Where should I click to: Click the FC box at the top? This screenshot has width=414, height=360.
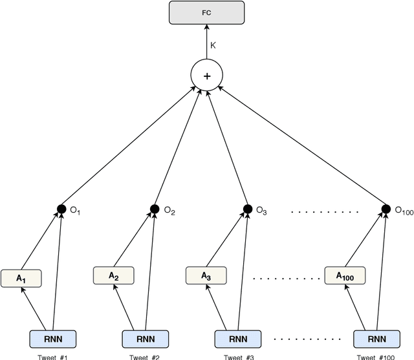tap(207, 12)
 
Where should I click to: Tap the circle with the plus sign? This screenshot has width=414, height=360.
tap(207, 76)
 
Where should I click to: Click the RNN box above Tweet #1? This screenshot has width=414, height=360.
tap(52, 338)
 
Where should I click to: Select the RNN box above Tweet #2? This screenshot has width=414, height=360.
tap(145, 338)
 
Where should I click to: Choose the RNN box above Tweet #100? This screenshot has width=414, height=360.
tap(376, 338)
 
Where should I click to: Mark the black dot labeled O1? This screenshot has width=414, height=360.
tap(61, 209)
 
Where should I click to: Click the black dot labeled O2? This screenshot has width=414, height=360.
tap(155, 209)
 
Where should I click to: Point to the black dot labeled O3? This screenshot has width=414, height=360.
tap(247, 209)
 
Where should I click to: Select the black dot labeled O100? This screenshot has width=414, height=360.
tap(386, 209)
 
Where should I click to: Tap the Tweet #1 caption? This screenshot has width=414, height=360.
tap(52, 356)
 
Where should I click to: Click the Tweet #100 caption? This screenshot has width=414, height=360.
tap(376, 356)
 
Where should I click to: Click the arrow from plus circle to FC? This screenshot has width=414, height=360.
tap(207, 43)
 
